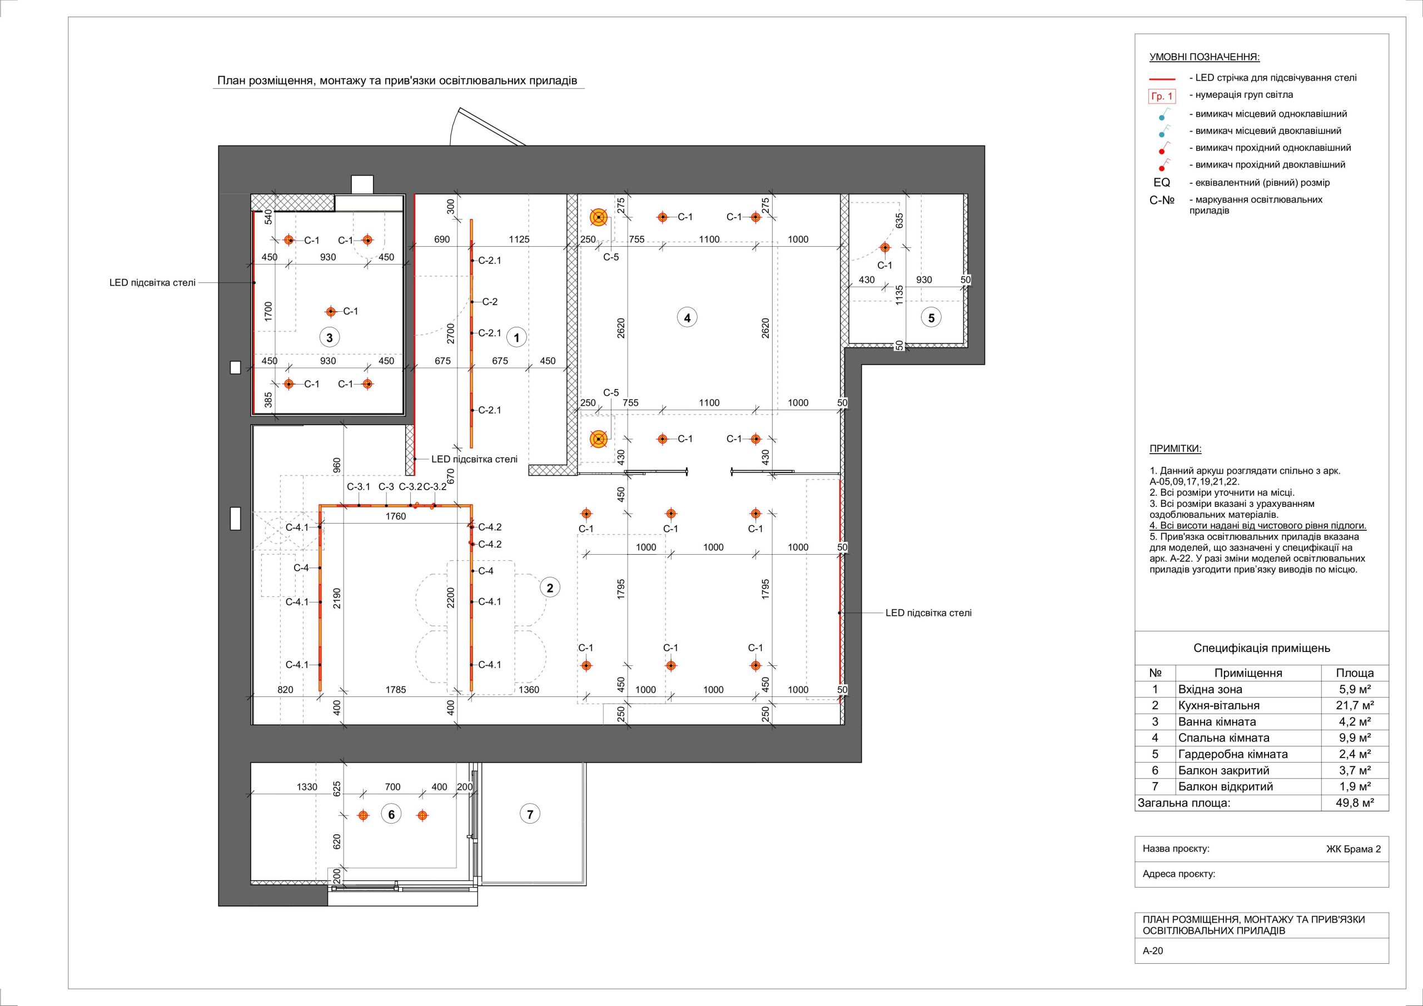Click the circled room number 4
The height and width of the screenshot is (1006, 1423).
click(x=686, y=317)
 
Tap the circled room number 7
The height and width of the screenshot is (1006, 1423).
click(x=530, y=814)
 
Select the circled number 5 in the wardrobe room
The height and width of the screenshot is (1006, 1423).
click(x=931, y=318)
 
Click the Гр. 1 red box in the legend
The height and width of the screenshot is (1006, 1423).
click(x=1162, y=97)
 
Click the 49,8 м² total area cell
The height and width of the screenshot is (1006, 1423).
click(x=1354, y=803)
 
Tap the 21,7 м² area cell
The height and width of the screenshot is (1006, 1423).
click(x=1354, y=705)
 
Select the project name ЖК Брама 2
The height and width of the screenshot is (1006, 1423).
click(x=1354, y=849)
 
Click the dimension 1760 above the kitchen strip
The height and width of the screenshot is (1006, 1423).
click(x=395, y=516)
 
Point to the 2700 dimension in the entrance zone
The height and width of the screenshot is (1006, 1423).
click(x=451, y=333)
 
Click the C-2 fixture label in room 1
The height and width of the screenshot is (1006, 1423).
click(x=490, y=302)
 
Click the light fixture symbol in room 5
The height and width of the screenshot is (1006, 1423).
click(x=884, y=247)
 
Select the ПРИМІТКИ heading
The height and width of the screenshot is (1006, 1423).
click(x=1175, y=449)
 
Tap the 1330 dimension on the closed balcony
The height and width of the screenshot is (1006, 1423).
click(x=307, y=787)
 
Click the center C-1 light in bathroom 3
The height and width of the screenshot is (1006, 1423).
click(x=331, y=311)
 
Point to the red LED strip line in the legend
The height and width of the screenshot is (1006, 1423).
click(x=1162, y=79)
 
